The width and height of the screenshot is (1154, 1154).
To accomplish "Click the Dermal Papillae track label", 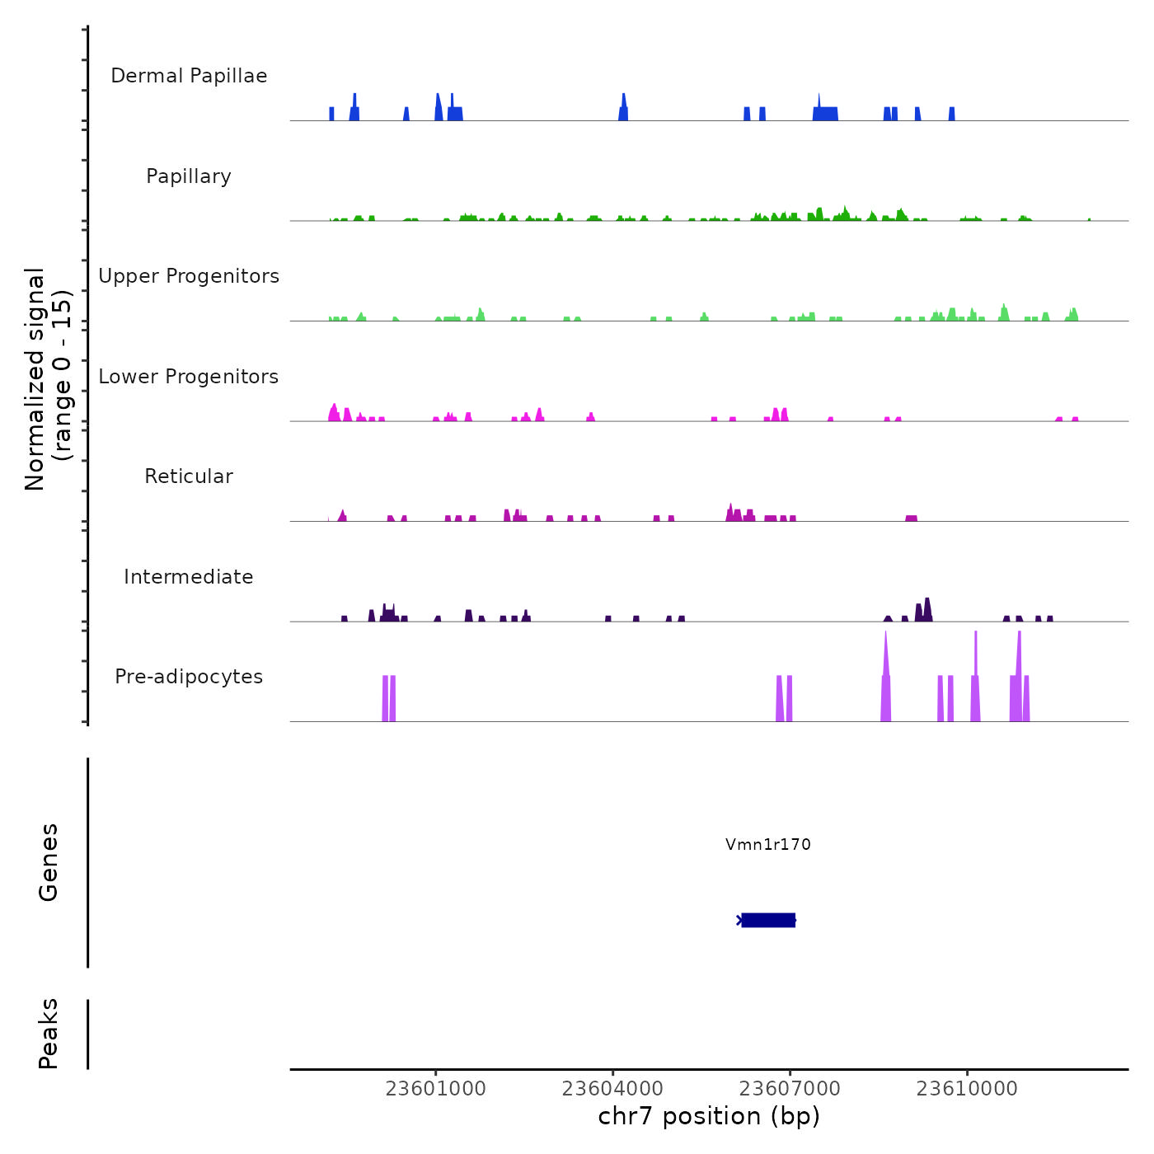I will click(x=189, y=76).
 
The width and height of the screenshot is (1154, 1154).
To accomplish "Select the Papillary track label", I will click(x=189, y=176).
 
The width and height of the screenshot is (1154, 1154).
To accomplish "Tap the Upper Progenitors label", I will click(x=189, y=276).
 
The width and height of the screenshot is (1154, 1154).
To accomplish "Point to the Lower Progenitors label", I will click(x=189, y=377).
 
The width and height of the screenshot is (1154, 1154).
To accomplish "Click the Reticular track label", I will click(x=189, y=476).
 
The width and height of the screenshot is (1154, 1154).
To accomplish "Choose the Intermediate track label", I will click(x=189, y=577).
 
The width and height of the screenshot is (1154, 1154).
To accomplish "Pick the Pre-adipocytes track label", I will click(x=189, y=677).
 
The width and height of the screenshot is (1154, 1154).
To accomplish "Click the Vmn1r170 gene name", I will click(x=768, y=844).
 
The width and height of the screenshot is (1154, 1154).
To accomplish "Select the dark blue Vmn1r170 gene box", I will click(x=768, y=920).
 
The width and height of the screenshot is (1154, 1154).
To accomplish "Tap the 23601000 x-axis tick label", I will click(x=436, y=1089).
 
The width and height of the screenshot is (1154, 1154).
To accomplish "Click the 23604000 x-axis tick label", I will click(x=612, y=1089).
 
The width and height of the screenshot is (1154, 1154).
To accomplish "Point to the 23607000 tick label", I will click(x=790, y=1089).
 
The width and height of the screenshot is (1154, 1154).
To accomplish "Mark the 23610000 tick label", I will click(x=967, y=1089).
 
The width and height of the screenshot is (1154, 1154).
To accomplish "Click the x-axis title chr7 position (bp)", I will click(x=709, y=1116).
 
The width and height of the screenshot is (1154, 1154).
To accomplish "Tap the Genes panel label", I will click(x=49, y=862).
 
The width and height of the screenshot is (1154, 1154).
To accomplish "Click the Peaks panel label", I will click(x=49, y=1034).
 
